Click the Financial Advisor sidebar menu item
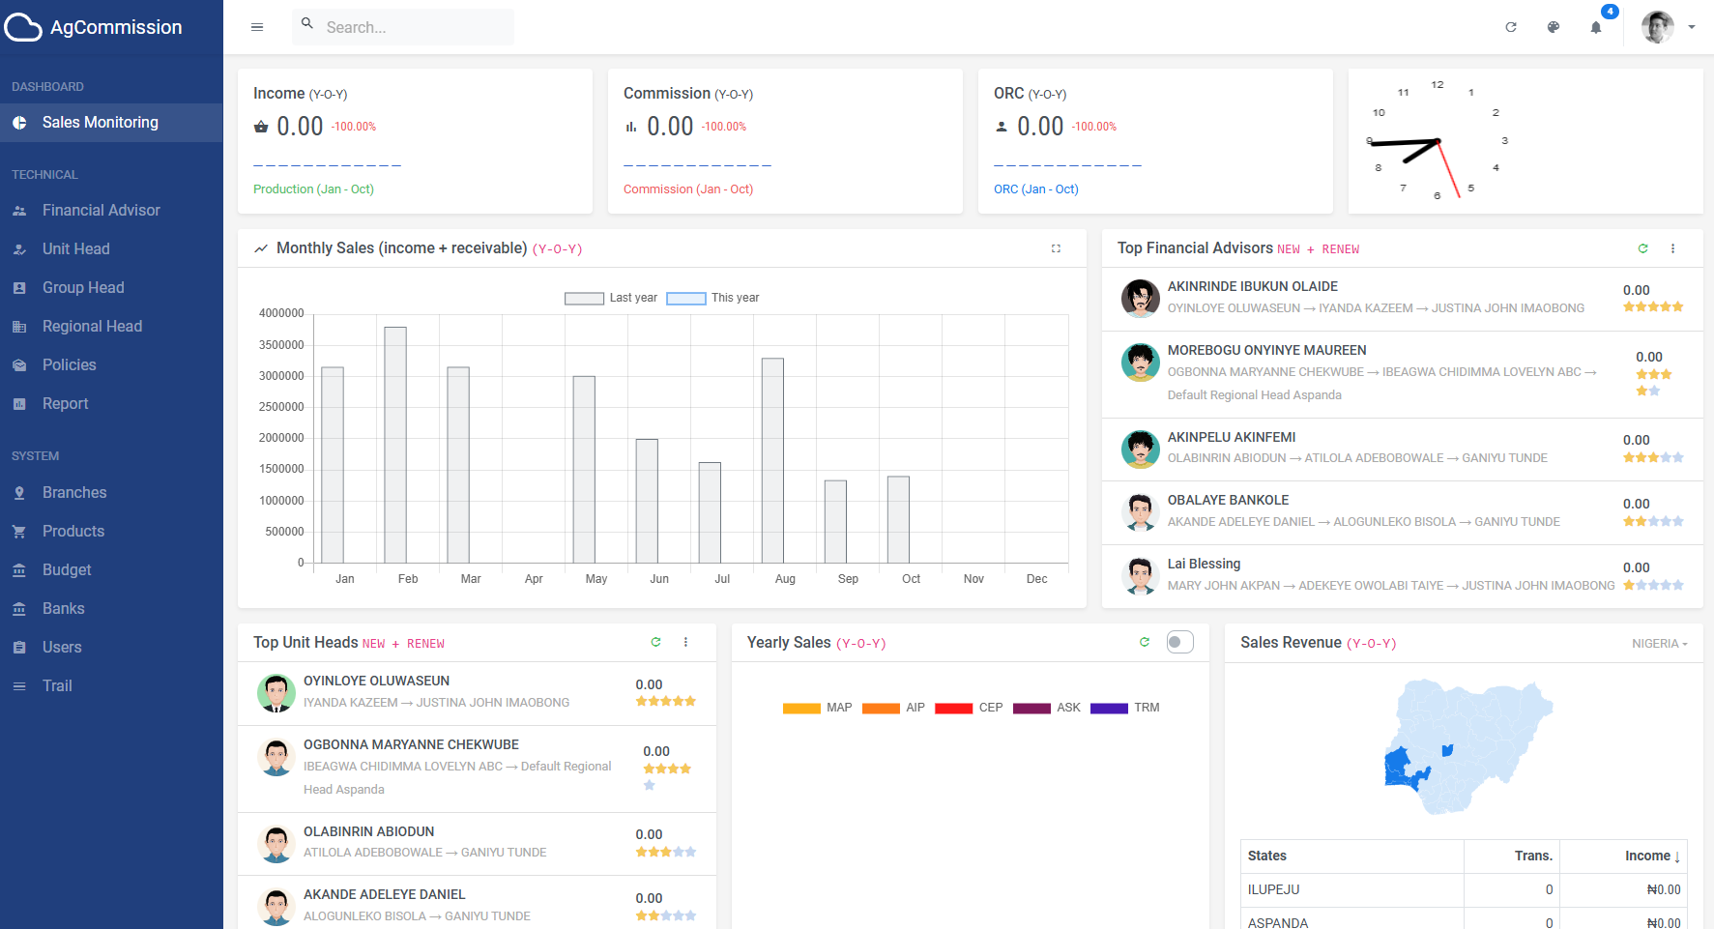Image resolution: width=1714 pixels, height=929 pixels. coord(101,210)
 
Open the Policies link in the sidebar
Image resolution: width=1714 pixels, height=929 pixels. coord(69,364)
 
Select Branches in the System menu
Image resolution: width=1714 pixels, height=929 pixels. coord(74,492)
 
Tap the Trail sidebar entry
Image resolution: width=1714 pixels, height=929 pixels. coord(57,685)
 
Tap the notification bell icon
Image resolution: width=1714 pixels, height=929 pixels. coord(1596,27)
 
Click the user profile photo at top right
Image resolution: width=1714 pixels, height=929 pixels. coord(1657,27)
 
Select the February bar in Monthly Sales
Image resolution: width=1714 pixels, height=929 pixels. coord(395,445)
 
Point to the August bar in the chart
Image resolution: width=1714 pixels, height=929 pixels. coord(772,460)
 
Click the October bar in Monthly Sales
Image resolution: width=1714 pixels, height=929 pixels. coord(898,519)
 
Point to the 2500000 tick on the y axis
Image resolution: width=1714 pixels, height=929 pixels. coord(281,407)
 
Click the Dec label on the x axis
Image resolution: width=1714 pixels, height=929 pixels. coord(1036,579)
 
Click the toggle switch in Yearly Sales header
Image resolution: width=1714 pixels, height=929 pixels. coord(1179,642)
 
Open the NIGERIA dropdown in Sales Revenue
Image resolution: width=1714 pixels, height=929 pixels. coord(1659,644)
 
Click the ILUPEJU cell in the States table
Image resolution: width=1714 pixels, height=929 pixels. coord(1274,889)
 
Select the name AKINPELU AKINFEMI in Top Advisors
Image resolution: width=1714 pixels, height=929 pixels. coord(1232,437)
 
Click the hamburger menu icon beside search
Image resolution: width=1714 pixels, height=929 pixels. coord(257,27)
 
